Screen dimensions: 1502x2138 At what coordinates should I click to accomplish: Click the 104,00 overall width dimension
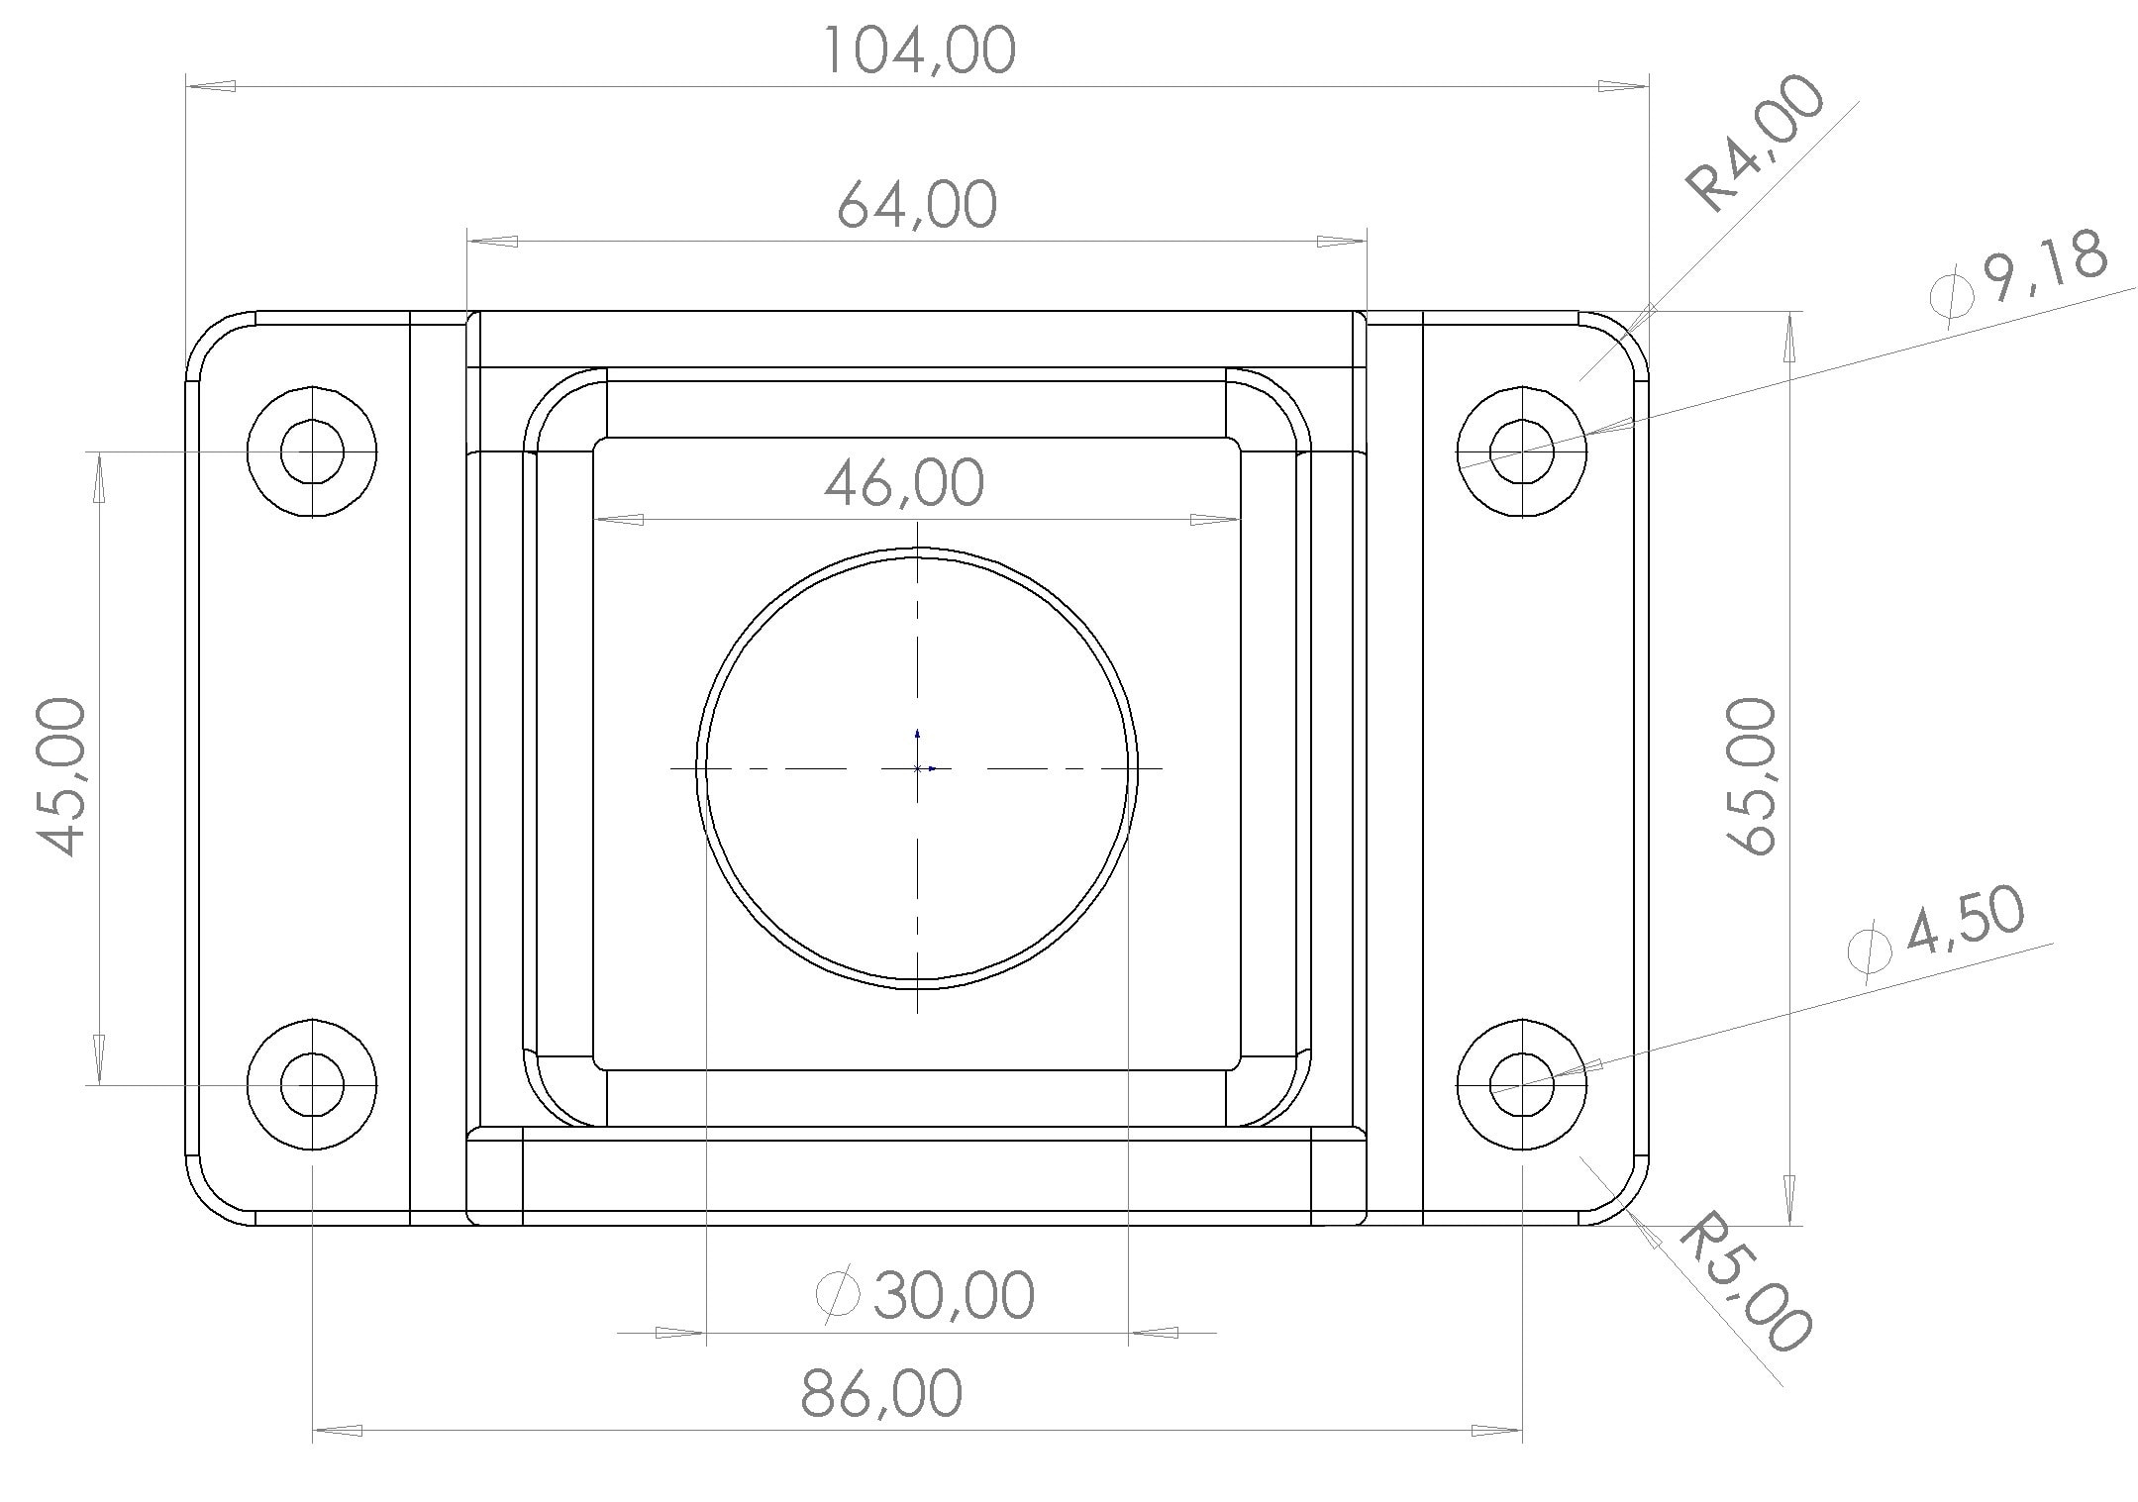(920, 51)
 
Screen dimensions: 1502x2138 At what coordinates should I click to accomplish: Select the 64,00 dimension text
(917, 205)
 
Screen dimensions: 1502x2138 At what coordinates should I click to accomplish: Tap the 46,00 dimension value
(904, 483)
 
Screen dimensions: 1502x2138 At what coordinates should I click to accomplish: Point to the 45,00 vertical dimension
(61, 776)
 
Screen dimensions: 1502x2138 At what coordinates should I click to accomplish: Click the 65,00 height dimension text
(1751, 776)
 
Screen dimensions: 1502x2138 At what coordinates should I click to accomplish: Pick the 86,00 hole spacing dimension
(880, 1393)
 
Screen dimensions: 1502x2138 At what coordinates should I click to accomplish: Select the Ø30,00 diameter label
(927, 1295)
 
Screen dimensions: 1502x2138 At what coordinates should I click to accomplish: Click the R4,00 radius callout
(1755, 145)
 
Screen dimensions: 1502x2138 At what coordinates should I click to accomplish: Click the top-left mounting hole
(312, 451)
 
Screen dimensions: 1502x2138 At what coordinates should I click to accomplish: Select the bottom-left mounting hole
(312, 1085)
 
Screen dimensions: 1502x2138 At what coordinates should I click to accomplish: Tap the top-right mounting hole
(1522, 451)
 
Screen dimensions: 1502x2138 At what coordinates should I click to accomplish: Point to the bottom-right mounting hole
(1522, 1085)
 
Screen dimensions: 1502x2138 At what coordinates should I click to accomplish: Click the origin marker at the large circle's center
(918, 767)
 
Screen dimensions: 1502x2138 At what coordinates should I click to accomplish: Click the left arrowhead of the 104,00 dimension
(211, 86)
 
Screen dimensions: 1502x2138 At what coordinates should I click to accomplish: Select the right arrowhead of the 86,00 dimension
(1496, 1430)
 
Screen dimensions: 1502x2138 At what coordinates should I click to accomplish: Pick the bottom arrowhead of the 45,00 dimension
(99, 1058)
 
